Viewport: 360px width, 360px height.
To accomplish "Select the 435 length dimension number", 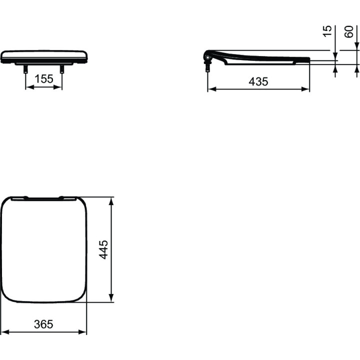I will (258, 81).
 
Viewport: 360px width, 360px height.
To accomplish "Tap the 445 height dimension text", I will (103, 249).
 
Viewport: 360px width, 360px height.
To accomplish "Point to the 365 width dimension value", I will (43, 324).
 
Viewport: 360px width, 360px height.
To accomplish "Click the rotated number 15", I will (327, 31).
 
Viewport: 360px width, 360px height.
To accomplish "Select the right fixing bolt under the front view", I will (62, 69).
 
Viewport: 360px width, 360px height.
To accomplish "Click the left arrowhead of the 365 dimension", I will (4, 331).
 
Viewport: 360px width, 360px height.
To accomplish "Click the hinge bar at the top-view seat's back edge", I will (43, 198).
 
